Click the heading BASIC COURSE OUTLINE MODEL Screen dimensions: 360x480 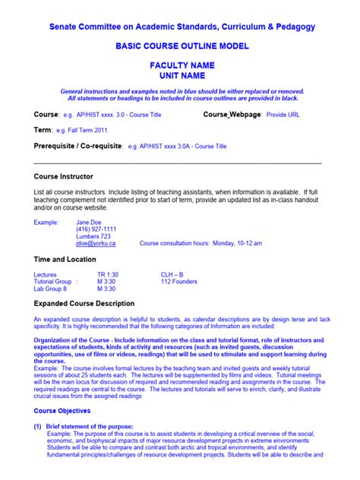click(x=180, y=46)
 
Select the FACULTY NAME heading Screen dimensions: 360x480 click(x=180, y=66)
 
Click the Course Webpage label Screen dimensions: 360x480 click(x=232, y=114)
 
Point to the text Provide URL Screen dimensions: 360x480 click(x=283, y=115)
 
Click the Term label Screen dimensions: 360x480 click(x=43, y=130)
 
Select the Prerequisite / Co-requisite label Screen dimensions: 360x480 click(x=78, y=145)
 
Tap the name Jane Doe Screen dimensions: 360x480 click(x=91, y=222)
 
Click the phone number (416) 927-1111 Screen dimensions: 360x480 click(x=96, y=229)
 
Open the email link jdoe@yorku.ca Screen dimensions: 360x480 click(x=96, y=244)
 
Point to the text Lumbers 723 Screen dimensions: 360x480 click(x=93, y=236)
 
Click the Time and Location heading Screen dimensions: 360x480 click(x=65, y=260)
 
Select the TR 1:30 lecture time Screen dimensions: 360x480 click(x=107, y=274)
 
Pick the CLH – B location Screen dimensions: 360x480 click(x=172, y=274)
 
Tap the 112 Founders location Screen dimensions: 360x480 click(x=179, y=281)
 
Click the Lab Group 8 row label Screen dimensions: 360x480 click(x=51, y=289)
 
